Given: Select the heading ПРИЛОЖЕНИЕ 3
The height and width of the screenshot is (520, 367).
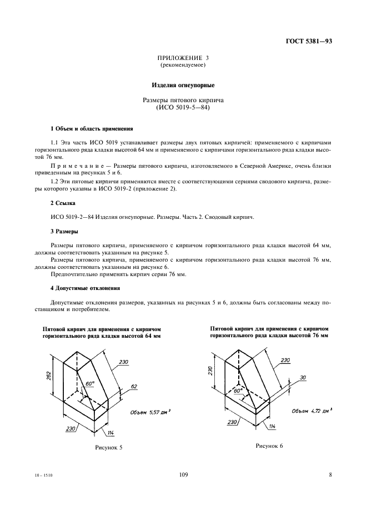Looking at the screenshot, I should tap(183, 58).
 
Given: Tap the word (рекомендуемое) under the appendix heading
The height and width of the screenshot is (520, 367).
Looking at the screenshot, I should tap(183, 65).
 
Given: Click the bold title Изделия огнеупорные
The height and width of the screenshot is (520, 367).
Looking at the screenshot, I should tap(183, 86).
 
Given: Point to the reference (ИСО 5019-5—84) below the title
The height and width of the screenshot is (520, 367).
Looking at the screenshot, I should tap(183, 108).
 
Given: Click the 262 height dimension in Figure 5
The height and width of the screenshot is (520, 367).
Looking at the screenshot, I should tap(49, 376).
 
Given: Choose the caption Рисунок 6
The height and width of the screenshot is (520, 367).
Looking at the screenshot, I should tap(269, 446).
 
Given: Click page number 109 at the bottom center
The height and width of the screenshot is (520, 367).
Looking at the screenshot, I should tap(184, 474).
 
